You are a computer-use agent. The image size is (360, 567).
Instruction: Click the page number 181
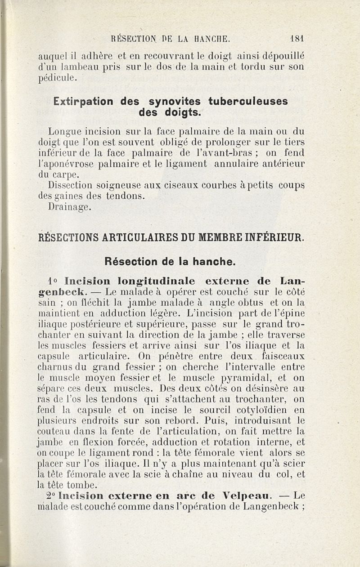click(x=298, y=39)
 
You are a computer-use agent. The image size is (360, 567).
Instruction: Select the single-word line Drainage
click(x=70, y=207)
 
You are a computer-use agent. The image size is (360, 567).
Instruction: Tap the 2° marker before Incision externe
click(x=51, y=496)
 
